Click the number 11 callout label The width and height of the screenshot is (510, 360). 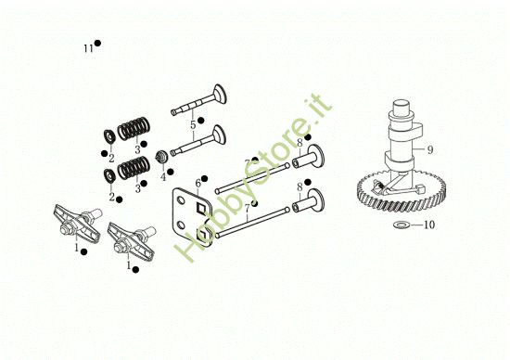[x=88, y=47]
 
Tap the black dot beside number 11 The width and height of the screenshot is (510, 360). [x=97, y=44]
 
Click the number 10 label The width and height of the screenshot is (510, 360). [x=429, y=225]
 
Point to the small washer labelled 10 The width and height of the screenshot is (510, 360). [x=401, y=225]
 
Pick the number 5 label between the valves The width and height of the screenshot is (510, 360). [x=193, y=124]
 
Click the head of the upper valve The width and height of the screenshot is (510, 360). [x=220, y=95]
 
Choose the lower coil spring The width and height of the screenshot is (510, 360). [x=136, y=169]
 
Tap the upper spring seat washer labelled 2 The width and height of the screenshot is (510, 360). [x=108, y=136]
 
